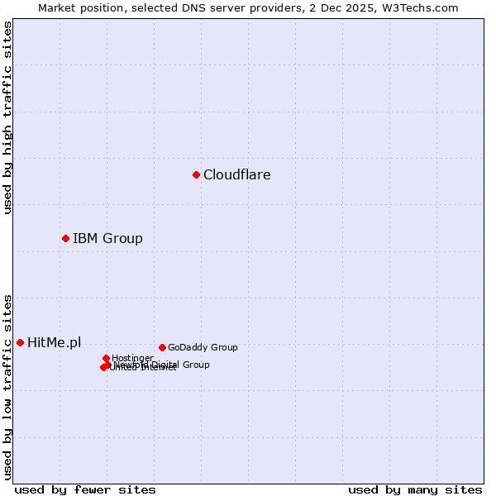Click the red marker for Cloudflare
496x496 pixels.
coord(196,174)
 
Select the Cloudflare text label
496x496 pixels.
coord(236,174)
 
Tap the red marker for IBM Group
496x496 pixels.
coord(65,238)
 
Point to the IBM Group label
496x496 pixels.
coord(107,239)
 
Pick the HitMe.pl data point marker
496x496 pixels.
coord(20,342)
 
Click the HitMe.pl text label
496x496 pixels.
coord(54,342)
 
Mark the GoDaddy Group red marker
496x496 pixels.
coord(162,347)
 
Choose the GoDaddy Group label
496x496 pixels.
coord(203,348)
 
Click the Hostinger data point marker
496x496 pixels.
coord(106,358)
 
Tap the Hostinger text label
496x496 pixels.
coord(132,358)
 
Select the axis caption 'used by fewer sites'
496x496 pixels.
coord(85,490)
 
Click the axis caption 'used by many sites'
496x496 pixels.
coord(415,490)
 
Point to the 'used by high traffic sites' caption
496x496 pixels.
coord(7,117)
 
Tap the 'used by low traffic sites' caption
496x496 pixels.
coord(7,386)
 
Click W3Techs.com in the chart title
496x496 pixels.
coord(422,7)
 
